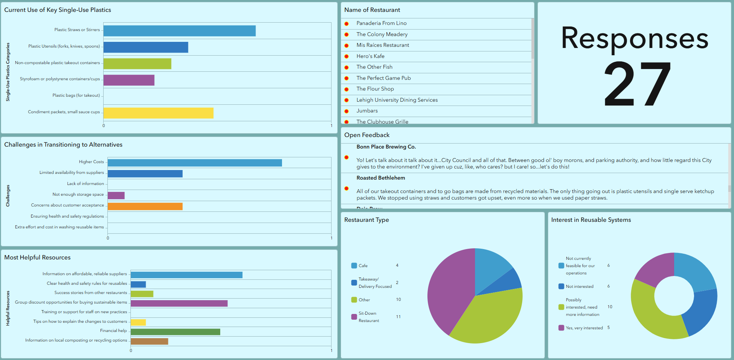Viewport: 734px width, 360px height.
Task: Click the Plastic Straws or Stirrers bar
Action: point(180,31)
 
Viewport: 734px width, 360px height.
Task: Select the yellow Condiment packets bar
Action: point(158,113)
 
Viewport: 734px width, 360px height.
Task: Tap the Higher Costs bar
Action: point(195,163)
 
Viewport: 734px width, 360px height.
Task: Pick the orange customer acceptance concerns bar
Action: point(145,206)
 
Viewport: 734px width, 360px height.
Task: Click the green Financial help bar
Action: point(175,332)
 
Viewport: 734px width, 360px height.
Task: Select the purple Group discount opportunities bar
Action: point(179,303)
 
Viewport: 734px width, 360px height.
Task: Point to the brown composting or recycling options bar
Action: point(149,341)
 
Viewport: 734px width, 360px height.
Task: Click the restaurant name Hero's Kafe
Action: point(370,56)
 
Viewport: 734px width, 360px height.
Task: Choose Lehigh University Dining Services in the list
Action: point(397,100)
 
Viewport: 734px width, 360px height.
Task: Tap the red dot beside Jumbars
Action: point(346,111)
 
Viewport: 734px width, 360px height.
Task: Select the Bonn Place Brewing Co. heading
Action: point(386,147)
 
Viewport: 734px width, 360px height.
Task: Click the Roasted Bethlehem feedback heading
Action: point(381,178)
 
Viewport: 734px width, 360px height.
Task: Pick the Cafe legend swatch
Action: point(354,266)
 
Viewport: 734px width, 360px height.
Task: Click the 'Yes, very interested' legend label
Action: point(584,328)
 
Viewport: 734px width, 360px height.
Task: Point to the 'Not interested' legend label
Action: point(579,286)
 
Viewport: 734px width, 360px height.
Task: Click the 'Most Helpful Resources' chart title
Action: point(38,258)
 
